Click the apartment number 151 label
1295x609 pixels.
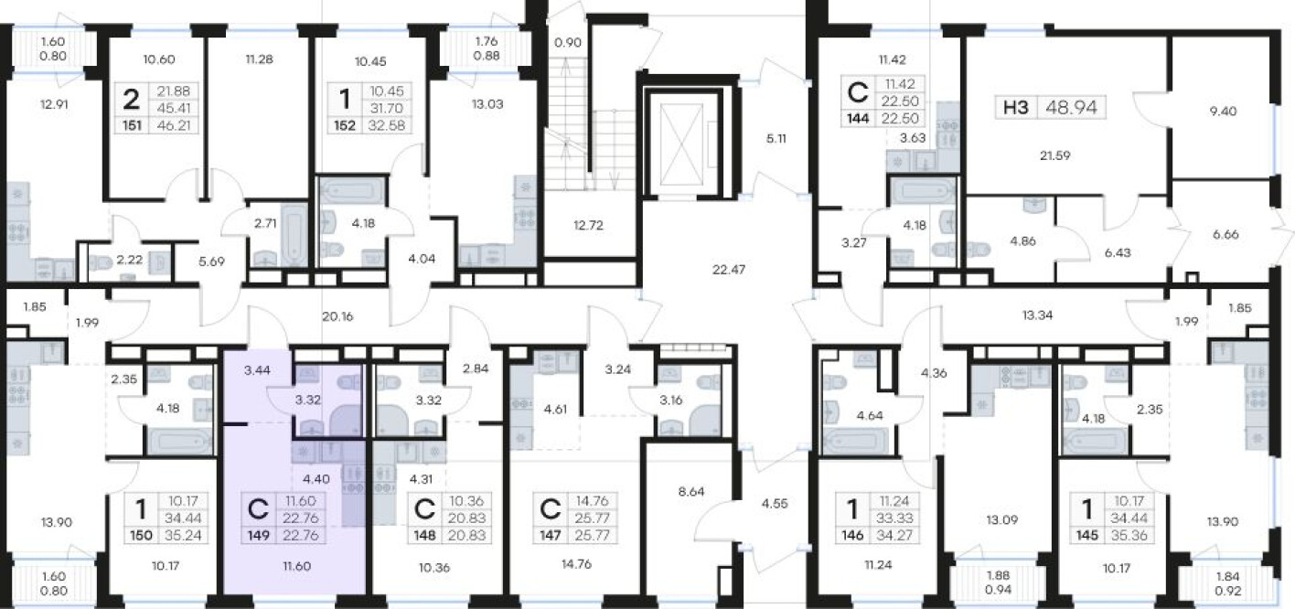pos(133,125)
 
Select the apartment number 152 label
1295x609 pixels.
pos(345,125)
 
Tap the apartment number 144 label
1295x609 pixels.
pos(858,119)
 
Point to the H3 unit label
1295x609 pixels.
pos(1016,108)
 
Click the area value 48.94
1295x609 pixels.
pos(1072,108)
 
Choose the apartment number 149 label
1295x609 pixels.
pos(259,536)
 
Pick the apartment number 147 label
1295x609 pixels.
pos(550,536)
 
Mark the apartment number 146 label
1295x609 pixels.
pos(852,536)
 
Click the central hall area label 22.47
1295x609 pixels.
pos(728,269)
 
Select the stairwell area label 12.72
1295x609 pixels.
pos(588,225)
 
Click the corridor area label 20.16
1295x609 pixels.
pos(337,316)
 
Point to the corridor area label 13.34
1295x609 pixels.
pos(1037,315)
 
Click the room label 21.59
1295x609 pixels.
pos(1055,155)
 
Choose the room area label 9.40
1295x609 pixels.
pos(1223,111)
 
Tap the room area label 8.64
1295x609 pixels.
pos(690,492)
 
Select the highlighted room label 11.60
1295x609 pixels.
pos(296,566)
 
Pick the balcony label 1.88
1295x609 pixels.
pos(999,575)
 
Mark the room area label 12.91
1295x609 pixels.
pos(54,104)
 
